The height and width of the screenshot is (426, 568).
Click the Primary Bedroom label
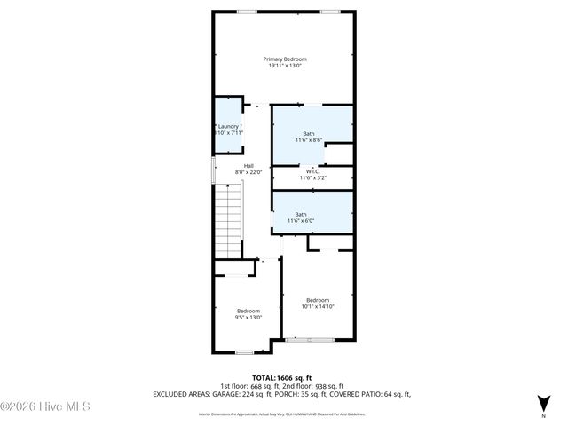pos(284,59)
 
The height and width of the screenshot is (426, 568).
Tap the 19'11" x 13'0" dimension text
pos(284,66)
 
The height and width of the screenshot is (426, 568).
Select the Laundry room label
pos(228,126)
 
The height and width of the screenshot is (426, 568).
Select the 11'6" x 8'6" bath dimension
pos(308,140)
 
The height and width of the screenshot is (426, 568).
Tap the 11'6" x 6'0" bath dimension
pos(301,220)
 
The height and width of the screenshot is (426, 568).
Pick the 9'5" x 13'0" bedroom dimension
pos(248,317)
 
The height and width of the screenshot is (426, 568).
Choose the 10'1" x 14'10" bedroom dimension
pos(318,306)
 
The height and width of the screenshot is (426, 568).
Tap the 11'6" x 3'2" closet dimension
pos(312,178)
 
